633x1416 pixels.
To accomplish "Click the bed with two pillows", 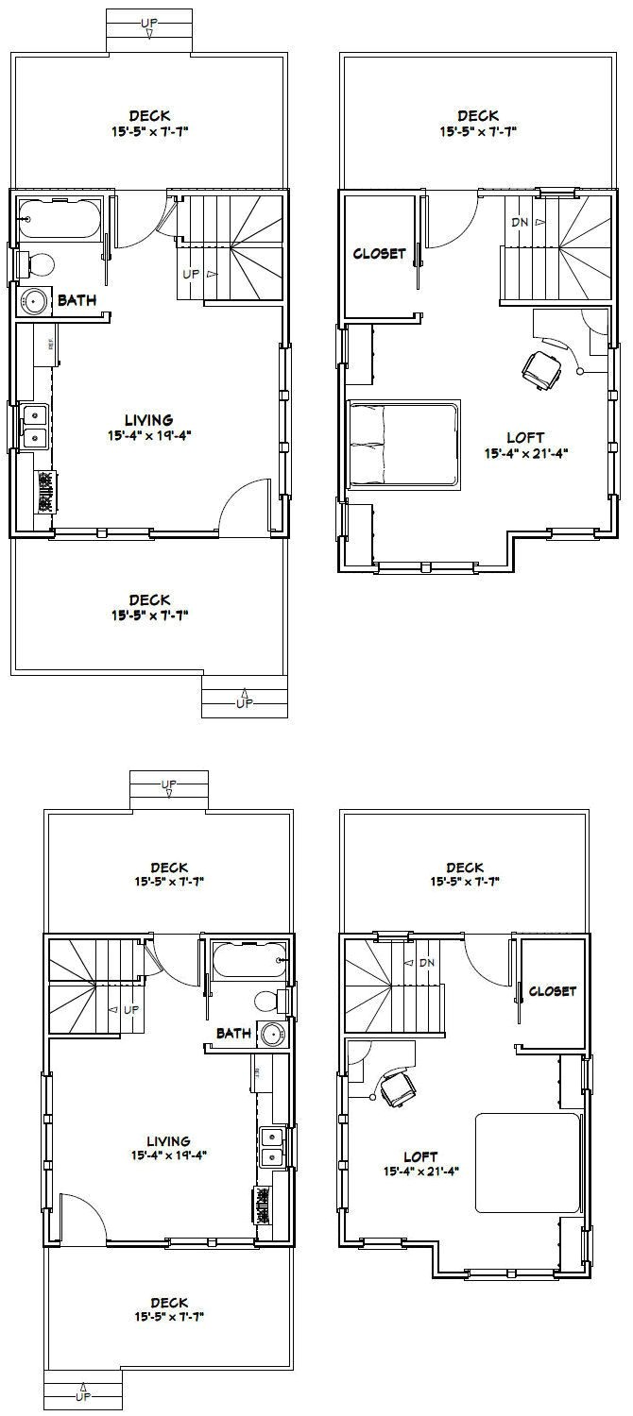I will point(403,445).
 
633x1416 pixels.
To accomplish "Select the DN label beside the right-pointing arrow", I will point(521,223).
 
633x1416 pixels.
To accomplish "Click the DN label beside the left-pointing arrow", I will point(427,962).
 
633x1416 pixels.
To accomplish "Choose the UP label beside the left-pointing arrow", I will point(129,1009).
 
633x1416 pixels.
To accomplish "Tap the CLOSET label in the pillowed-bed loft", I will point(379,253).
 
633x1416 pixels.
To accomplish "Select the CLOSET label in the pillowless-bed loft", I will point(552,991).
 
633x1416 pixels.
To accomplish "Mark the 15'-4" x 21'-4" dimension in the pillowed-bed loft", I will point(526,453).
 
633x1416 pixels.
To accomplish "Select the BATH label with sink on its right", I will point(233,1033).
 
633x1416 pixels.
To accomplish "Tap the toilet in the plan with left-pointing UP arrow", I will point(265,1000).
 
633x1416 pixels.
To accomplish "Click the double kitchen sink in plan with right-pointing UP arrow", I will point(35,426).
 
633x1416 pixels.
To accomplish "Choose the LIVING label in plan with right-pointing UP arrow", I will point(149,419).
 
